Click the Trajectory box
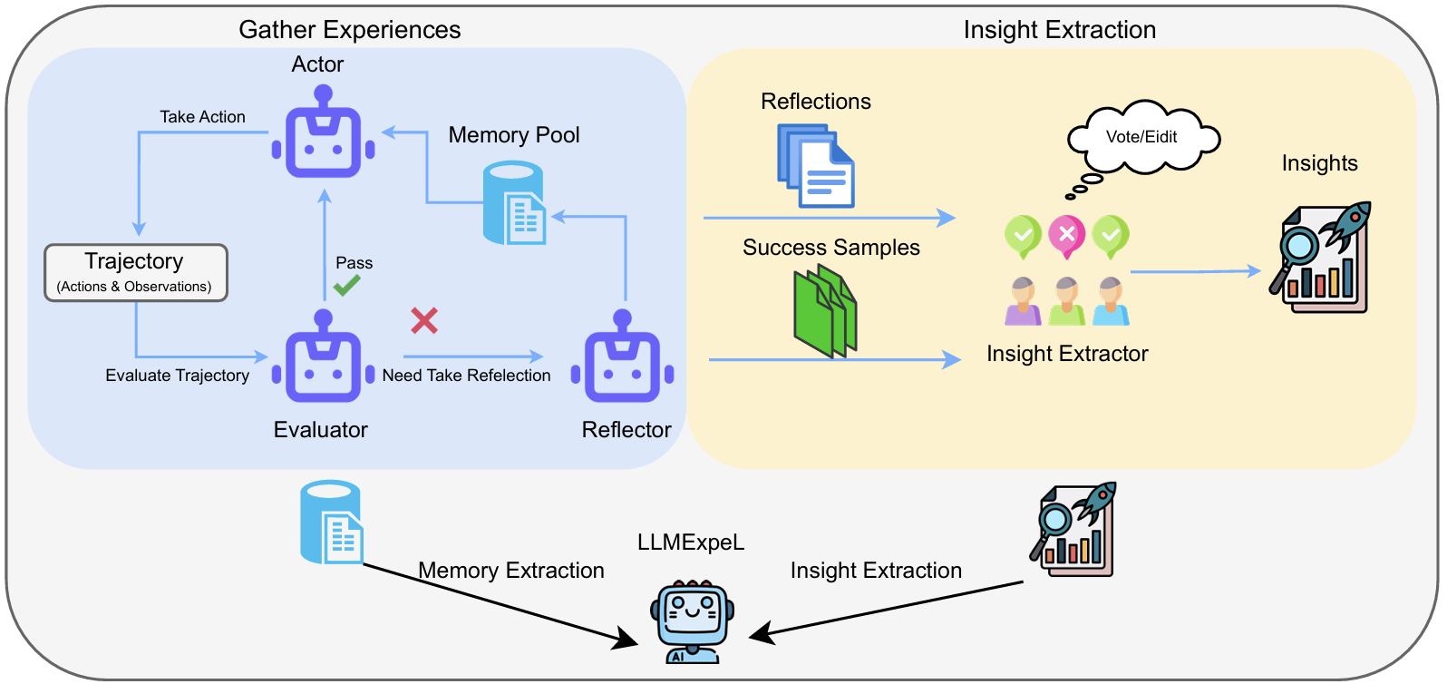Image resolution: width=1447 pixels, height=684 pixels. [x=136, y=272]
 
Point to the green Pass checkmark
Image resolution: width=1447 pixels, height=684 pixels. [x=346, y=285]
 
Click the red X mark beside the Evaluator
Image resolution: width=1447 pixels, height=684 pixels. [x=424, y=320]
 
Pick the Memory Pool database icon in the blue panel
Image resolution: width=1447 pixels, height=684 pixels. [x=514, y=203]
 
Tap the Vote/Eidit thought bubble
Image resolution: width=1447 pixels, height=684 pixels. [x=1142, y=138]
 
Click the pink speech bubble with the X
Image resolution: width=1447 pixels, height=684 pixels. [x=1067, y=235]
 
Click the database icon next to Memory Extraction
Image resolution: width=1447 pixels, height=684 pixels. [x=332, y=523]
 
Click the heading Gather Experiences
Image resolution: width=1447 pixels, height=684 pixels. [x=350, y=30]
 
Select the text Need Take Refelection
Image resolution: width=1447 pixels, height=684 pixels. [x=466, y=376]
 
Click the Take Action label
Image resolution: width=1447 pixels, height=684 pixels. [x=202, y=117]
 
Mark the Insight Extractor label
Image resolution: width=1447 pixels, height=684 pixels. [x=1067, y=354]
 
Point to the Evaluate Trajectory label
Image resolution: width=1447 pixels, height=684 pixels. [x=177, y=376]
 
